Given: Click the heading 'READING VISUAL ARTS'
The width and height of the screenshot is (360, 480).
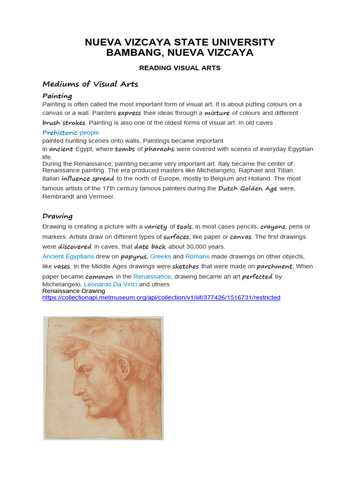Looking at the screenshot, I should click(x=180, y=68).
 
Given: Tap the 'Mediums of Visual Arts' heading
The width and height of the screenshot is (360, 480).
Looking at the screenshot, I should click(x=90, y=84).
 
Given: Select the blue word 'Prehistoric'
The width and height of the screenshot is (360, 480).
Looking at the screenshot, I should click(x=60, y=133).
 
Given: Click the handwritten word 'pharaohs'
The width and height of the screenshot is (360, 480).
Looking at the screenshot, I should click(x=159, y=149).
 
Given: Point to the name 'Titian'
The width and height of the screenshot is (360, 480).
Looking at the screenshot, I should click(x=284, y=170).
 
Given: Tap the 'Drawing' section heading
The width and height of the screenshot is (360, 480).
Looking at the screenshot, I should click(x=57, y=217).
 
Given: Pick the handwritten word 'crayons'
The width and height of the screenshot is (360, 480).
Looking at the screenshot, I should click(x=273, y=226).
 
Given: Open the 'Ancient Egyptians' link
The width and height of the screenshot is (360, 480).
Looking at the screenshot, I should click(x=68, y=256).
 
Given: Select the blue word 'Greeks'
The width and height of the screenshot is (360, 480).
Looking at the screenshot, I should click(x=160, y=256).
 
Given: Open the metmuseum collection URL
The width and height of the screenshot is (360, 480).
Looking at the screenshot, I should click(x=161, y=298).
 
